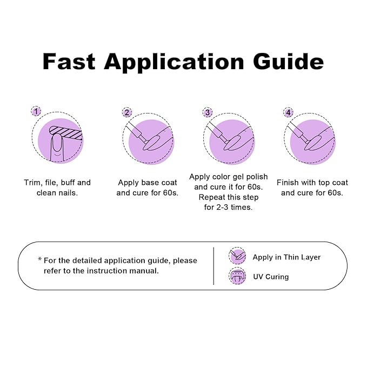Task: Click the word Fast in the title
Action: click(x=69, y=61)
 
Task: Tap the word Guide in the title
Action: click(x=289, y=61)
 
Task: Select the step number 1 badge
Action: click(x=36, y=111)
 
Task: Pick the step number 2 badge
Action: click(x=127, y=112)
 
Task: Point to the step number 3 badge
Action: click(x=208, y=112)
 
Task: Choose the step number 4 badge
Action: click(x=288, y=112)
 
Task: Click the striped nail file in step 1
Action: click(x=66, y=132)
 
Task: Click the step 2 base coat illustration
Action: click(x=148, y=139)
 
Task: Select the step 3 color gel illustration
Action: click(x=229, y=139)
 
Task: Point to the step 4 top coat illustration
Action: click(x=310, y=139)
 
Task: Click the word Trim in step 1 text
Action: click(x=32, y=183)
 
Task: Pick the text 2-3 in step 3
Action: click(x=222, y=207)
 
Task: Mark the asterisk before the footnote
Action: click(x=40, y=259)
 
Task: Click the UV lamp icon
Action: click(x=237, y=276)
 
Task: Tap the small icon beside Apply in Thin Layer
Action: click(x=237, y=256)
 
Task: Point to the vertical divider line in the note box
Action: click(x=213, y=266)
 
